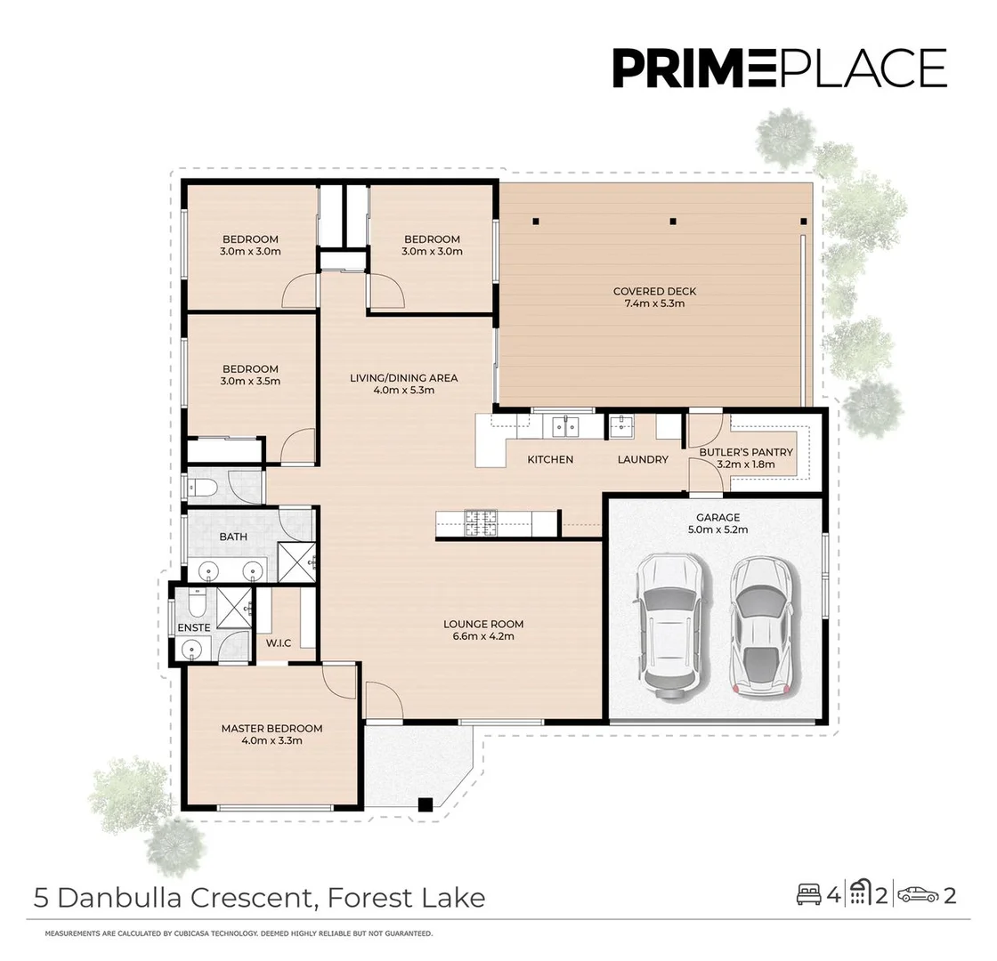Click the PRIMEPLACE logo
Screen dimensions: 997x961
[x=780, y=68]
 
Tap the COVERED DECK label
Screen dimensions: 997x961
[x=654, y=291]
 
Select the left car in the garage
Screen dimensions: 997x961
[x=671, y=626]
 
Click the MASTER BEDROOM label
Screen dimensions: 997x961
[x=272, y=729]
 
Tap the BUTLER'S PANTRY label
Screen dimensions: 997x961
[x=746, y=452]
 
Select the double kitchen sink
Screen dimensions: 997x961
[x=564, y=426]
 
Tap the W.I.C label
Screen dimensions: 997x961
[x=279, y=643]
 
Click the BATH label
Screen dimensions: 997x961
[x=233, y=537]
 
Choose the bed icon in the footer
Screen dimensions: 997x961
[x=809, y=895]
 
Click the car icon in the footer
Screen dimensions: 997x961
[x=918, y=895]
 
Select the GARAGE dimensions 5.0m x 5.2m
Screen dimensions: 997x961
[x=717, y=529]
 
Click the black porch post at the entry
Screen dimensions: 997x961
[x=426, y=804]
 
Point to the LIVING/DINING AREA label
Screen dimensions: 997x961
[x=404, y=377]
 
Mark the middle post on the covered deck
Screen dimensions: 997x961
[x=673, y=222]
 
